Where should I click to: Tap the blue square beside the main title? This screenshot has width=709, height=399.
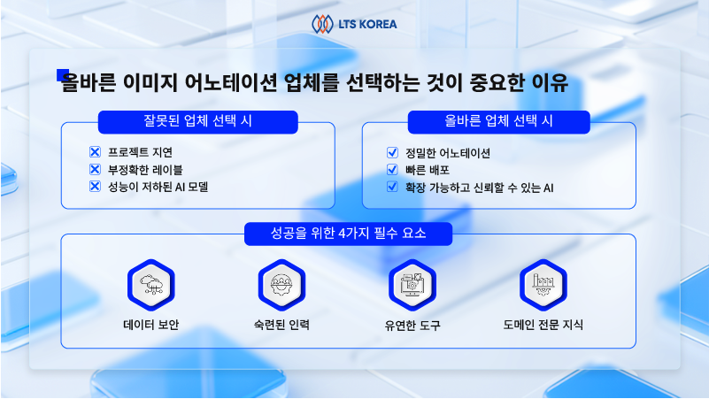[63, 75]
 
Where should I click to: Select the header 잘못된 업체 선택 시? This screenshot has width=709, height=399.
[198, 121]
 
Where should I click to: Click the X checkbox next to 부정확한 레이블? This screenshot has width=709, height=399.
[96, 169]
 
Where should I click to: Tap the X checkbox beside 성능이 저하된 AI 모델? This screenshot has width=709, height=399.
[96, 186]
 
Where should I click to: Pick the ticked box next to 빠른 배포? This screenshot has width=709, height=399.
[393, 169]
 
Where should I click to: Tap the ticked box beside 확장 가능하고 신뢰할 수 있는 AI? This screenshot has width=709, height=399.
[393, 187]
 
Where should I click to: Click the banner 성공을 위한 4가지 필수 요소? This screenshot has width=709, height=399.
[348, 234]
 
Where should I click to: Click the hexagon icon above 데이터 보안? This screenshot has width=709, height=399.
[150, 284]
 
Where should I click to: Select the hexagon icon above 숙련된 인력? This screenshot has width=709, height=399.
[281, 284]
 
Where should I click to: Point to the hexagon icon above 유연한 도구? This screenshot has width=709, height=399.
[412, 284]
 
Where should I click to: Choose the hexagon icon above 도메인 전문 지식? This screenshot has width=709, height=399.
[543, 284]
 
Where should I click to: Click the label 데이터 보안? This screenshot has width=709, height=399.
[150, 325]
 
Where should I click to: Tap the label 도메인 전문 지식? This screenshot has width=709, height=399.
[543, 325]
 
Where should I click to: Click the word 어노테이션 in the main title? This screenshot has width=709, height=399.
[236, 82]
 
